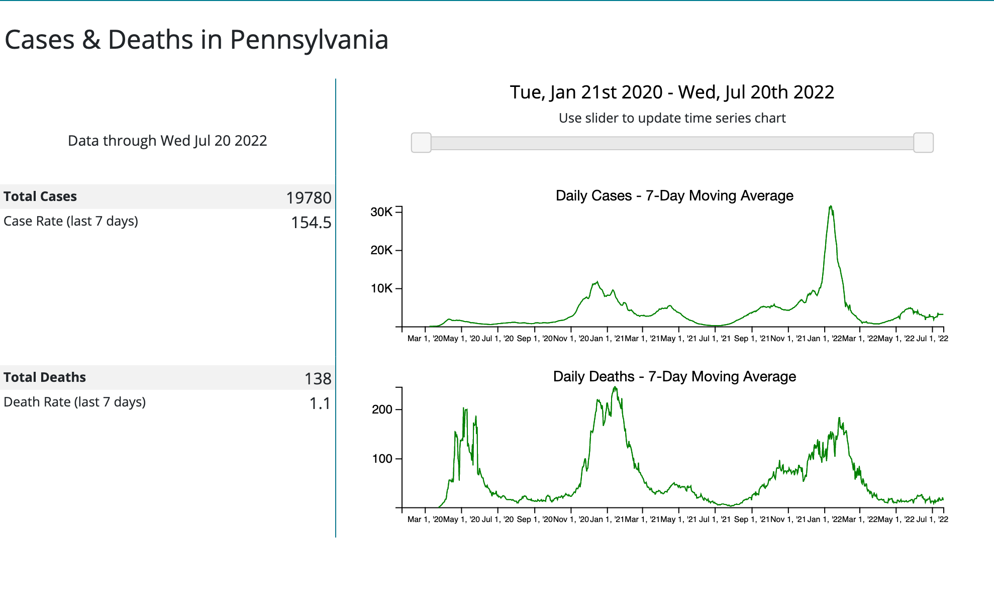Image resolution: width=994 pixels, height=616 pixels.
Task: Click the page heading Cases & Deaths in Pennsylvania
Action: (x=196, y=40)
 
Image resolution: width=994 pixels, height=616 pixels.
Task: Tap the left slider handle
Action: (x=421, y=143)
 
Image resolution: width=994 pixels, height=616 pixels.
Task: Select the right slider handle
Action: (x=923, y=143)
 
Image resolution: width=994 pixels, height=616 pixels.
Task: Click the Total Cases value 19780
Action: (x=309, y=197)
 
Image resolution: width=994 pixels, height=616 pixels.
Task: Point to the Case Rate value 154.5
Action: (x=311, y=222)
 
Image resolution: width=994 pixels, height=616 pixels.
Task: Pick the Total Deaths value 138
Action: (x=318, y=378)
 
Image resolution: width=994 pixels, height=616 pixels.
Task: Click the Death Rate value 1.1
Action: (x=320, y=403)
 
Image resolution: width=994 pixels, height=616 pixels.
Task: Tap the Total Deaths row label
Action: (x=45, y=377)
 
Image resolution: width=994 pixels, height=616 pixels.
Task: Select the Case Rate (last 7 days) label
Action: (x=71, y=221)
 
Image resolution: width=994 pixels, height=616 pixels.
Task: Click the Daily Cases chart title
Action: (x=674, y=195)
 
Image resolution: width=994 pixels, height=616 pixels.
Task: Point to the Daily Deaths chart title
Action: (x=674, y=376)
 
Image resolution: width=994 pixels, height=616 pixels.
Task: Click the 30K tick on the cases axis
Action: (x=381, y=212)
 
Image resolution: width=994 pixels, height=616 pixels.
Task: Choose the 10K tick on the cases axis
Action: (x=381, y=288)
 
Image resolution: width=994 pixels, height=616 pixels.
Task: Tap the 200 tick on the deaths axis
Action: (x=382, y=409)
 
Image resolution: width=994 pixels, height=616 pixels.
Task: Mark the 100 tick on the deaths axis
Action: (x=382, y=459)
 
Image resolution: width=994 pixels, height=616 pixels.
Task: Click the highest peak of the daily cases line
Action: (x=831, y=206)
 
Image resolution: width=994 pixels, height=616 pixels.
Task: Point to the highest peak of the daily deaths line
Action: (x=615, y=387)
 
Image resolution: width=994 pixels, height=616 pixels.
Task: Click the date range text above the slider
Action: (x=672, y=92)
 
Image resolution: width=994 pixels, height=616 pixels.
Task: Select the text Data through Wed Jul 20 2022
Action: (x=167, y=141)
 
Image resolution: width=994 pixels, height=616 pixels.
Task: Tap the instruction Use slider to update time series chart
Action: (x=672, y=118)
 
